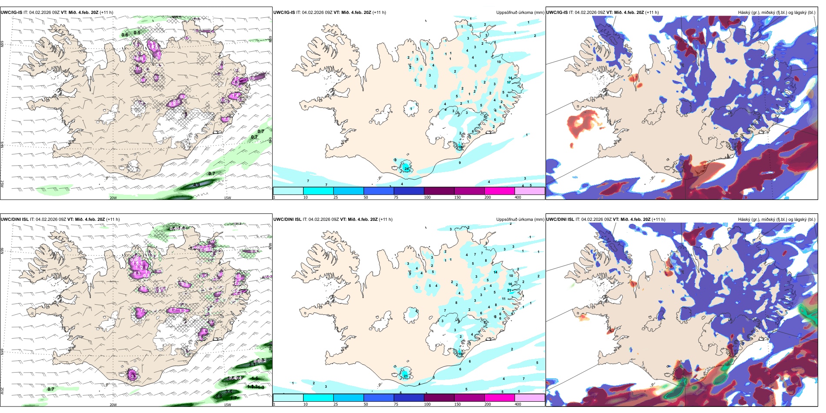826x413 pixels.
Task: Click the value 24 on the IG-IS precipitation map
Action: pos(406,168)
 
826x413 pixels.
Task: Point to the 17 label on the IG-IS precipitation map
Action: pos(509,82)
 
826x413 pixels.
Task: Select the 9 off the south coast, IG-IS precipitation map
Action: pos(460,163)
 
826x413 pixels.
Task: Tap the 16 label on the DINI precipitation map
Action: pos(510,284)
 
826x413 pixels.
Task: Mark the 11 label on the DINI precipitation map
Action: pos(504,299)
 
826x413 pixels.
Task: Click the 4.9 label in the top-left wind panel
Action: pos(196,185)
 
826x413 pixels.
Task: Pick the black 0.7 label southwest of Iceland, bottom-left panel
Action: pos(51,389)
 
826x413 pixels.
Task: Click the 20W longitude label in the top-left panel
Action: pos(113,198)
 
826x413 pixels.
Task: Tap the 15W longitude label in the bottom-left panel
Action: pos(227,405)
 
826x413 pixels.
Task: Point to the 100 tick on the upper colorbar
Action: pos(427,197)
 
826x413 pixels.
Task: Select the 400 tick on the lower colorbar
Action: pos(518,404)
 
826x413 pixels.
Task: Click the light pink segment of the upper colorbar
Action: pos(530,191)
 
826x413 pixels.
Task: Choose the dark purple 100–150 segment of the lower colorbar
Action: pos(439,398)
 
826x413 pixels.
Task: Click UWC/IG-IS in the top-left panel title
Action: pos(11,13)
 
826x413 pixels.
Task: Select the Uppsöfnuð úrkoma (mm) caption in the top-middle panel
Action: pos(520,13)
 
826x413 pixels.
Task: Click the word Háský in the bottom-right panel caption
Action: pos(744,220)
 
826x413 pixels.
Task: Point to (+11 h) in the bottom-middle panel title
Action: pos(386,220)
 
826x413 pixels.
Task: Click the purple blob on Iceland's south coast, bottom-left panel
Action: pos(133,375)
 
